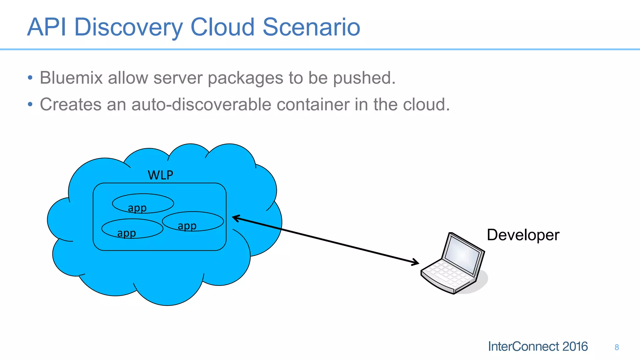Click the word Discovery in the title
coord(128,27)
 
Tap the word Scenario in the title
coord(311,27)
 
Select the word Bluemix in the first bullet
coord(71,78)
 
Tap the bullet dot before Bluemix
coord(30,78)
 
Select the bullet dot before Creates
coord(30,104)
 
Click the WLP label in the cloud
coord(160,175)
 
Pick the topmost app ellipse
coord(143,203)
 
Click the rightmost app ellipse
coord(193,221)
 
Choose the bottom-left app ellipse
coord(132,228)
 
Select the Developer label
coord(523,235)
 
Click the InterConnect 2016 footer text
coord(537,347)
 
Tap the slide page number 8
coord(617,347)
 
